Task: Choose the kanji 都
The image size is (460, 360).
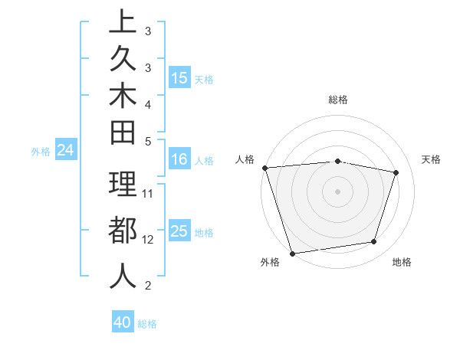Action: point(123,230)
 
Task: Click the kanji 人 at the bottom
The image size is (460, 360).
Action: point(123,275)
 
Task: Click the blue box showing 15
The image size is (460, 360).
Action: point(179,77)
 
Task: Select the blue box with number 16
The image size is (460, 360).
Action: point(179,159)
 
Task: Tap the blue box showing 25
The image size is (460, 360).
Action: point(179,232)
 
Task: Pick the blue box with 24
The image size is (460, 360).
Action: point(66,151)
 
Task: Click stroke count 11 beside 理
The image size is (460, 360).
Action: point(149,193)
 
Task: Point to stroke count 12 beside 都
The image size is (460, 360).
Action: point(149,240)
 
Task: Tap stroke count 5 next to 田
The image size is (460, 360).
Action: point(148,141)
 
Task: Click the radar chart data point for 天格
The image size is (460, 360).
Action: point(396,172)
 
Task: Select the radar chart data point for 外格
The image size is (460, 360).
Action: point(292,253)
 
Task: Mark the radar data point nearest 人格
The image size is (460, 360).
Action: point(264,167)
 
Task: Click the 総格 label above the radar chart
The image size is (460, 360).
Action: point(338,100)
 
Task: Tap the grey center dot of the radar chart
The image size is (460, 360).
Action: point(338,191)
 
